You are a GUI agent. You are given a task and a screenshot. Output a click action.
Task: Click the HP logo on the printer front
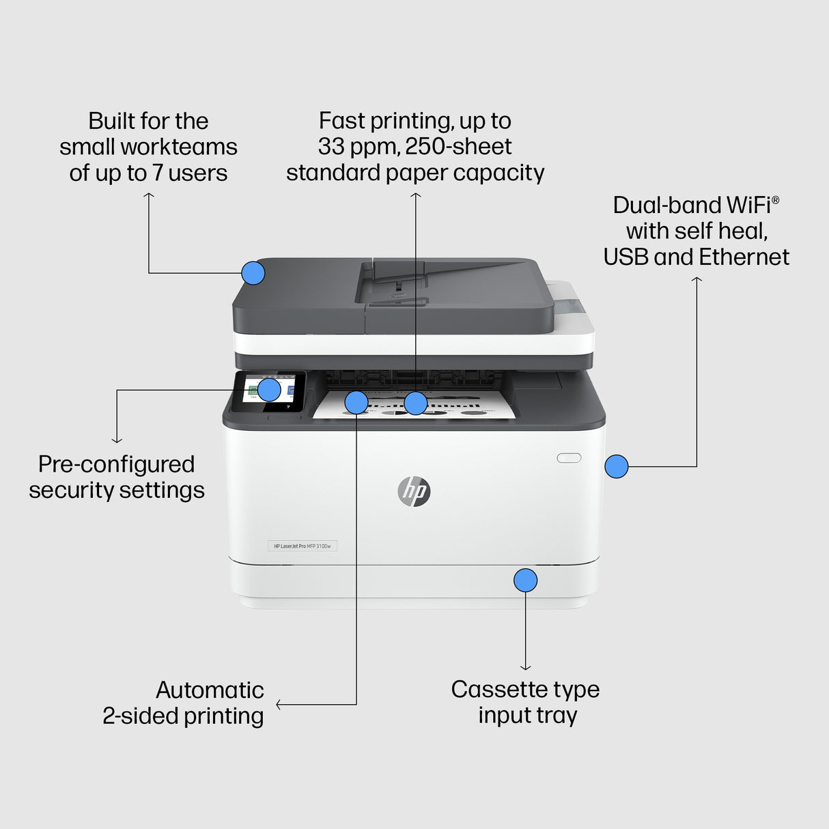tap(414, 491)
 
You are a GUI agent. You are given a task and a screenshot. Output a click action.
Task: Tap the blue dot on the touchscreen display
tap(269, 389)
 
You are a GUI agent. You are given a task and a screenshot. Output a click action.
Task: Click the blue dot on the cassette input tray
tap(525, 580)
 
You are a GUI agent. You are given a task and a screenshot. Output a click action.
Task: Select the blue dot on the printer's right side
tap(616, 466)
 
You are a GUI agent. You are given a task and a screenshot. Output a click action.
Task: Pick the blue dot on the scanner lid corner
tap(253, 273)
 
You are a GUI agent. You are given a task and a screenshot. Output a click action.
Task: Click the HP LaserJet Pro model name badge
tap(302, 546)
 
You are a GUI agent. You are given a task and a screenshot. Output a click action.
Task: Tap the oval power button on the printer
tap(569, 458)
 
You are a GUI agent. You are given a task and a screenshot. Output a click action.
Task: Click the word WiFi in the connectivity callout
tap(752, 205)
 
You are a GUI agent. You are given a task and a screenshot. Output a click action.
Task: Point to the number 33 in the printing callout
tap(331, 147)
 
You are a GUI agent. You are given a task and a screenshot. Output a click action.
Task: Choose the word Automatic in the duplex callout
tap(210, 690)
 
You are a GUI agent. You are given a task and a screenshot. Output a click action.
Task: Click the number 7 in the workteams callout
tap(157, 173)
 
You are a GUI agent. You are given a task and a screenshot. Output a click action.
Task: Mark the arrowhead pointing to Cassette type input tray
tap(525, 668)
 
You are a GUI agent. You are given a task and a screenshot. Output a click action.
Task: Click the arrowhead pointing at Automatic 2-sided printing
tap(279, 704)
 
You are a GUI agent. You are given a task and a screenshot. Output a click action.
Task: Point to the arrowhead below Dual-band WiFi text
tap(697, 279)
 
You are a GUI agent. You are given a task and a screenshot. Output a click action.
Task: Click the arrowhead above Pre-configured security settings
tap(117, 440)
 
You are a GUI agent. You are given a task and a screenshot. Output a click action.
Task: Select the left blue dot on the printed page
tap(356, 402)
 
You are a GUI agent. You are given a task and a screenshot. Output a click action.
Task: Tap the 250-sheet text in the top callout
tap(458, 147)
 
